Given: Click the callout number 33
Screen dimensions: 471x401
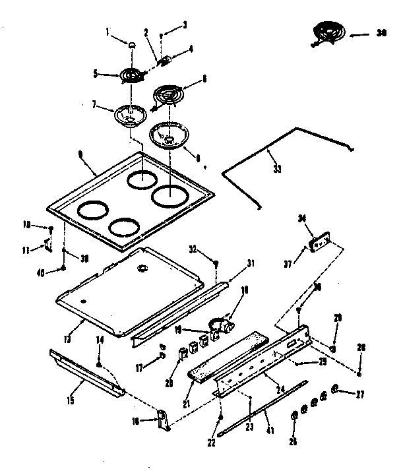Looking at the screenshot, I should (x=277, y=169).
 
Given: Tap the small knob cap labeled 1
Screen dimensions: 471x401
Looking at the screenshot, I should (x=131, y=45).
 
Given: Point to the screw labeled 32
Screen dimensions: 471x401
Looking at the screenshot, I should (x=216, y=265).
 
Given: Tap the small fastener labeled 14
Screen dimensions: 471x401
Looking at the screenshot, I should (x=99, y=363).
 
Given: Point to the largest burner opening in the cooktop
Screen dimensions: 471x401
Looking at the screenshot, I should (x=169, y=195).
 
